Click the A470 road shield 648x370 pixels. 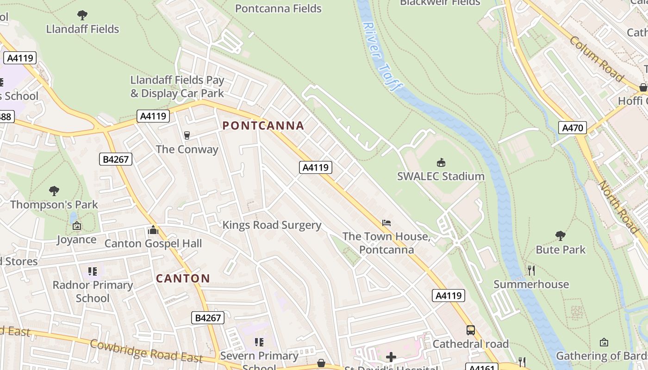pos(573,128)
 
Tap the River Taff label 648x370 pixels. pos(382,56)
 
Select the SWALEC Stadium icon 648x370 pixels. pos(441,162)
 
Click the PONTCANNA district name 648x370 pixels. pos(263,125)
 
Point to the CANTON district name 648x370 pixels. pos(183,278)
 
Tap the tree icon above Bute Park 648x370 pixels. pos(561,236)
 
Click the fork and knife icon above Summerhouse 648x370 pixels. pos(531,270)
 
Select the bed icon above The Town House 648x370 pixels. pos(386,223)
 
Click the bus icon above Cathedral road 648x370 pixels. pos(471,330)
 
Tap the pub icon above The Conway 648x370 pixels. pos(187,135)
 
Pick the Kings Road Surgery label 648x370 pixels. pos(272,225)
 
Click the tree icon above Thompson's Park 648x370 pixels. pos(54,191)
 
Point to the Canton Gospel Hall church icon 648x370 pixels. pos(153,230)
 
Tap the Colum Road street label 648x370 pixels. pos(596,59)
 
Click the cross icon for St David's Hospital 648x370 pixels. pos(391,357)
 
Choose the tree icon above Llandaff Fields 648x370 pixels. pos(82,15)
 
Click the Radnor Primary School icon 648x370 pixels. pos(93,271)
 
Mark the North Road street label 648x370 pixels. pos(619,207)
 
